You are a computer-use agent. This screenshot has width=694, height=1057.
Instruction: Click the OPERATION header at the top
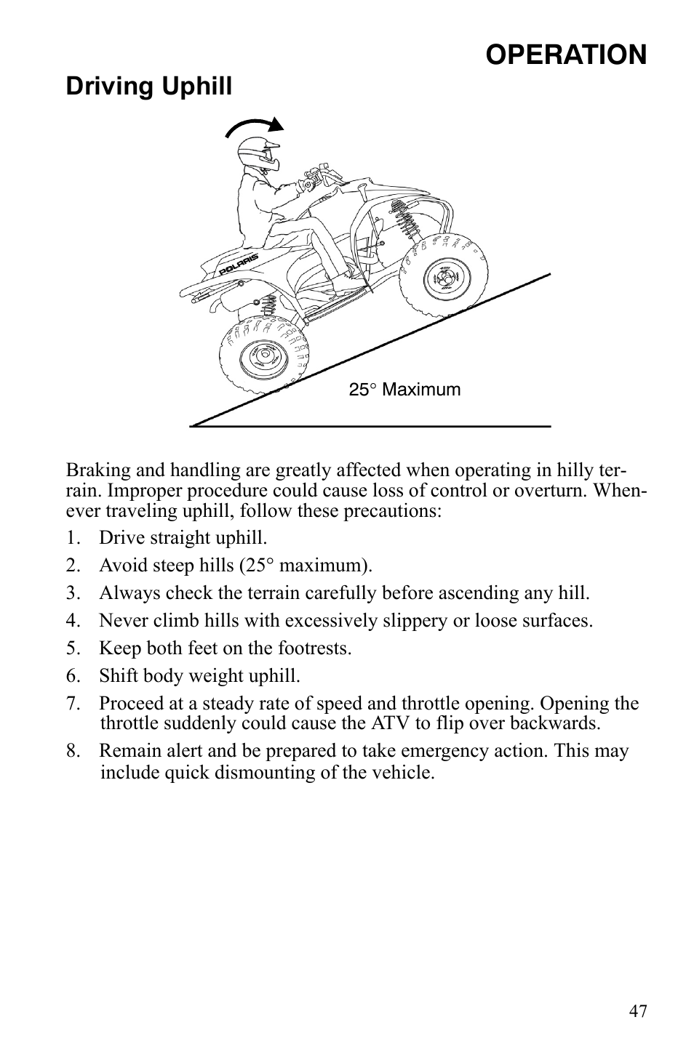565,55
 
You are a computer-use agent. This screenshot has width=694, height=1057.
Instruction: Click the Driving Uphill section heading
149,87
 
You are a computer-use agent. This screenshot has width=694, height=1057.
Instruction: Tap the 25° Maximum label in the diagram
404,390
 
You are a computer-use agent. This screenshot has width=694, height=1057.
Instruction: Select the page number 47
638,1011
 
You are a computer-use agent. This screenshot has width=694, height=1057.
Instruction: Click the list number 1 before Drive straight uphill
71,539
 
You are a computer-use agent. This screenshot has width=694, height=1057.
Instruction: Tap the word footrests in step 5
316,648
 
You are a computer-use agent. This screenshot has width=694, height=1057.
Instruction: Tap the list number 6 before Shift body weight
71,676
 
